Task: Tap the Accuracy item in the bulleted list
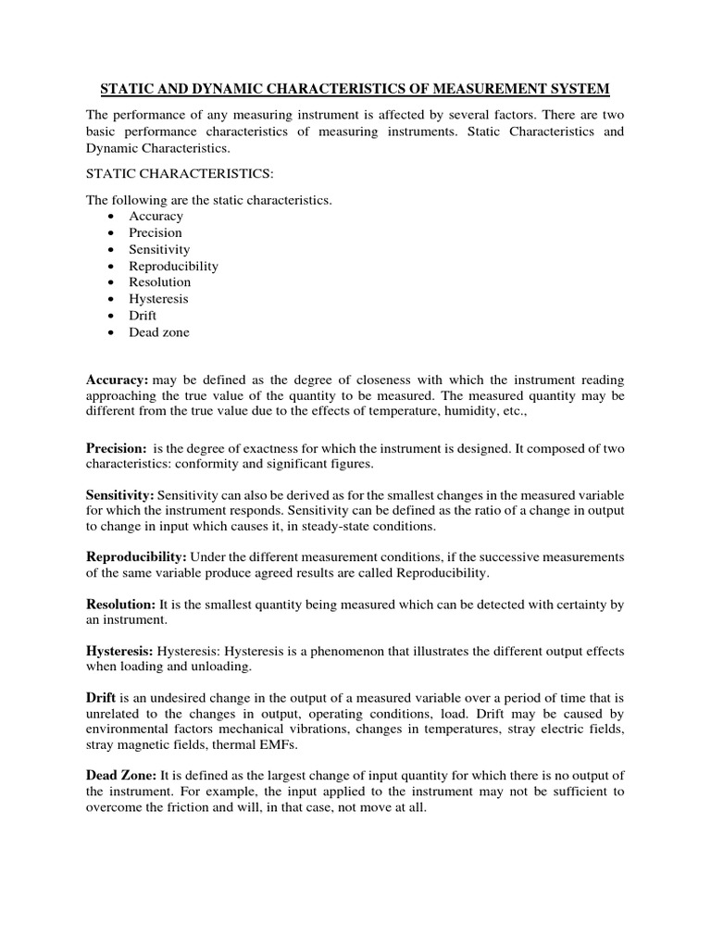(x=156, y=216)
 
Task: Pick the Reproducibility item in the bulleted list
(x=173, y=266)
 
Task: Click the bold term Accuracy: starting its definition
(x=118, y=380)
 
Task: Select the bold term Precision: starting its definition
(x=117, y=447)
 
